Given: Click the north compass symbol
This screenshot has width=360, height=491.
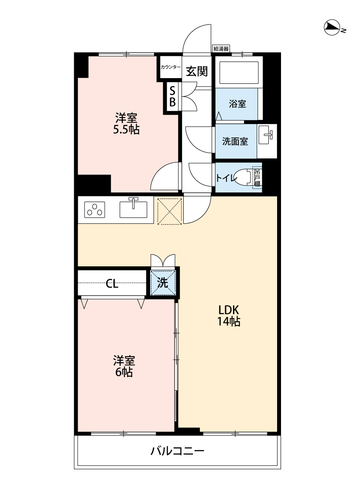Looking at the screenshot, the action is click(x=333, y=28).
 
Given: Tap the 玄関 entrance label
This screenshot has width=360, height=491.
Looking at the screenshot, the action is click(x=197, y=72).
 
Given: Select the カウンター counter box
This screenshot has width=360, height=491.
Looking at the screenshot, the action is click(x=171, y=67).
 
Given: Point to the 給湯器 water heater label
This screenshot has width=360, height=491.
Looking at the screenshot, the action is click(x=221, y=48).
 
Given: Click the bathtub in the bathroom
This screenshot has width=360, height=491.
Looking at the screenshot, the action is click(x=239, y=73).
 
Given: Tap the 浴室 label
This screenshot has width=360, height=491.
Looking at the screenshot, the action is click(x=237, y=103).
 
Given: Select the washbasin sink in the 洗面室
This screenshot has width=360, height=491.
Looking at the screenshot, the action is click(x=267, y=135).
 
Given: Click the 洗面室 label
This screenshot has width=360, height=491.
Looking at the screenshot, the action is click(x=235, y=141).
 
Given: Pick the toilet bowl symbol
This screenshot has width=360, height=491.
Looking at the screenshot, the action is click(x=243, y=177).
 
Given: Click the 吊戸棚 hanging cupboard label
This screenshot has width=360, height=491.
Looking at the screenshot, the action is click(x=257, y=178).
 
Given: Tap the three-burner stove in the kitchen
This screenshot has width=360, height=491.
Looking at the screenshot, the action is click(x=95, y=210).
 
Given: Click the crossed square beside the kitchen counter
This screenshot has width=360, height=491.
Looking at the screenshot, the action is click(x=170, y=211).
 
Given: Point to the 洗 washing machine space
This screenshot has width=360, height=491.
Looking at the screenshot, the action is click(x=163, y=283).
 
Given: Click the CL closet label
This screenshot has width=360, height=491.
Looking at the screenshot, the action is click(x=112, y=284).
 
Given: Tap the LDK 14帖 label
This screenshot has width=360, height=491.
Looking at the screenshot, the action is click(x=229, y=316).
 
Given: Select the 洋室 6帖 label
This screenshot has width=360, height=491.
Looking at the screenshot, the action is click(x=124, y=366).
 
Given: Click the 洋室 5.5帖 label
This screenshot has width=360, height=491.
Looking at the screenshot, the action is click(x=126, y=124).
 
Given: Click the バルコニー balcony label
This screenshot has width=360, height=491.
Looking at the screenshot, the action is click(x=178, y=451).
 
